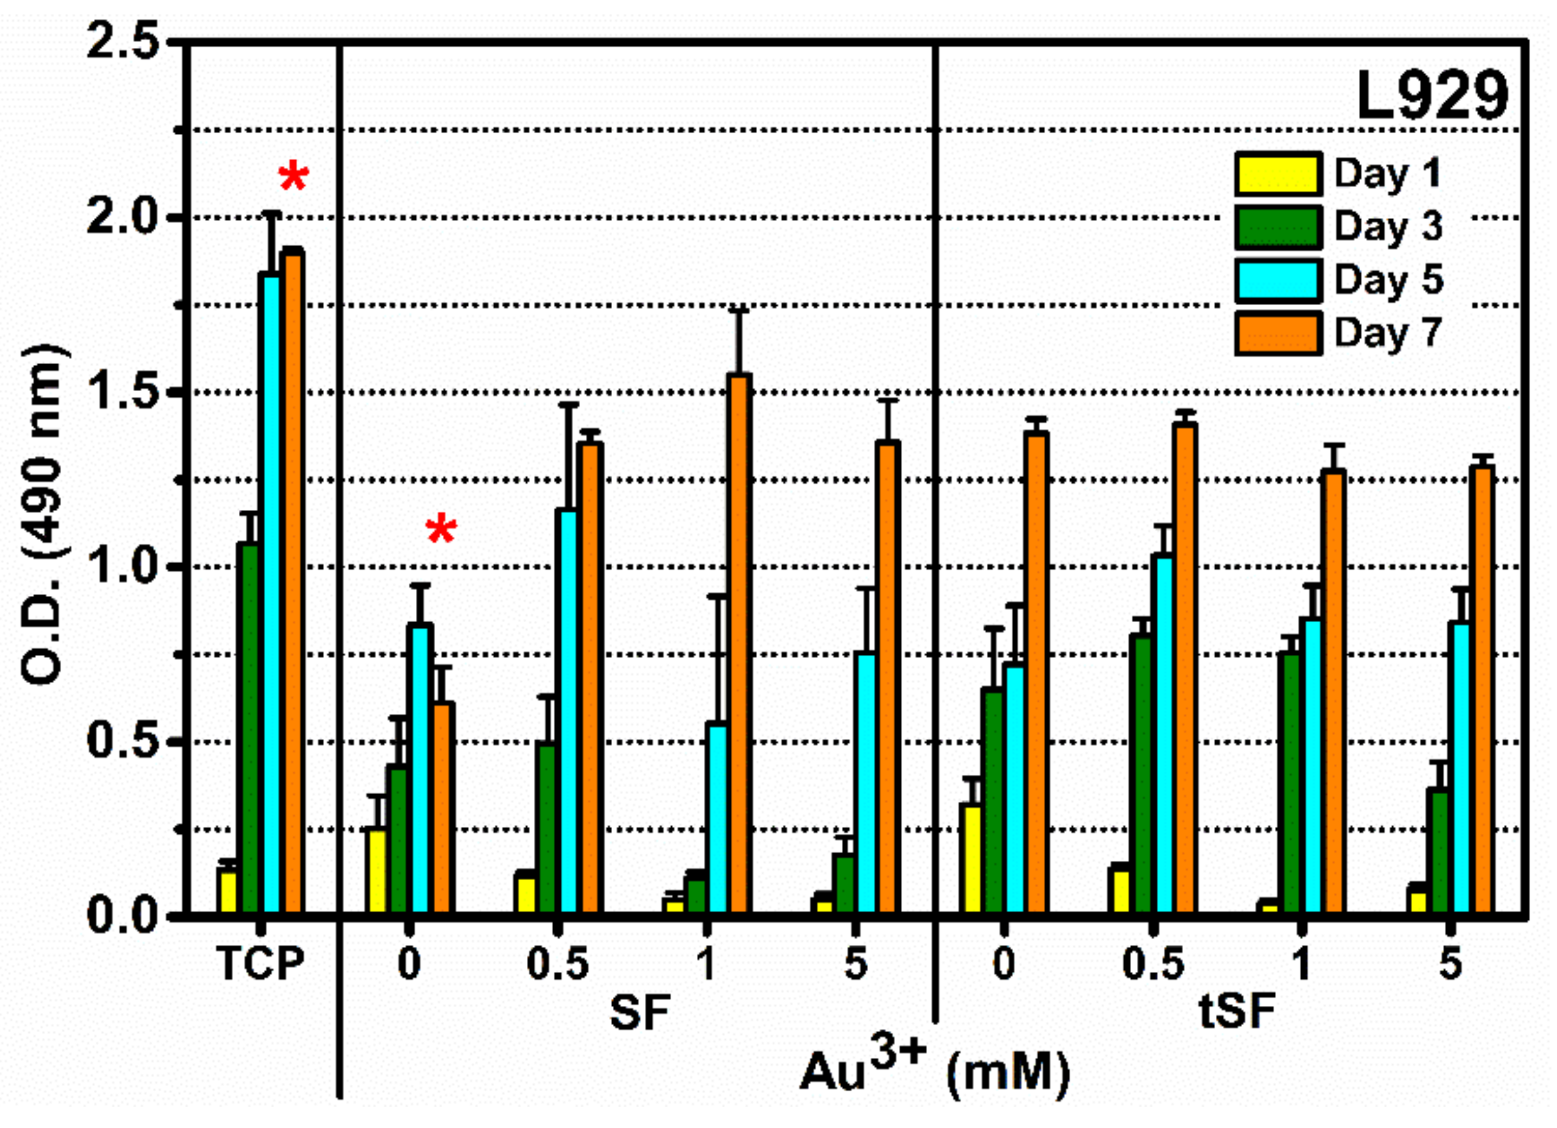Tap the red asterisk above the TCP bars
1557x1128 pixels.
click(294, 178)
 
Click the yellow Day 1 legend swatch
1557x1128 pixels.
click(1278, 175)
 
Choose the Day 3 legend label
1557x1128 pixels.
click(1388, 226)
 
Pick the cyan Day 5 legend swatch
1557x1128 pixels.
click(1278, 280)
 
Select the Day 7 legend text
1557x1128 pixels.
click(1388, 333)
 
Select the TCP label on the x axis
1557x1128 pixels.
click(260, 965)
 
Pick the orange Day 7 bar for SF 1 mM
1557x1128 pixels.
click(739, 645)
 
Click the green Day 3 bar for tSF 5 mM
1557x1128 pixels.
click(1439, 851)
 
